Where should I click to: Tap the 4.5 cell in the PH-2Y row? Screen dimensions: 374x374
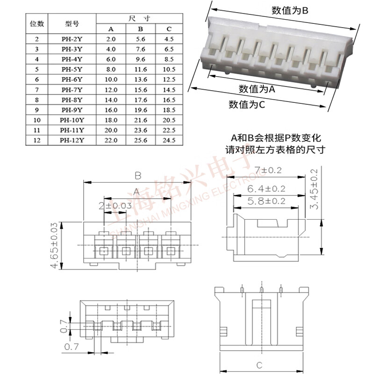point(169,39)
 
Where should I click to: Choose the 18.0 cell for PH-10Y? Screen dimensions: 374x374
point(111,120)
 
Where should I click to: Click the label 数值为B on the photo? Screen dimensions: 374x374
point(290,10)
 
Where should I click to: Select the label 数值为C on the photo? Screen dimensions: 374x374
point(247,104)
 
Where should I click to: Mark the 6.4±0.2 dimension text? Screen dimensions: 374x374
point(266,188)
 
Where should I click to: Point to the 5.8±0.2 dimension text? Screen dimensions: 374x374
point(266,201)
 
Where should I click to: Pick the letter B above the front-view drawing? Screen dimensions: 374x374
point(138,176)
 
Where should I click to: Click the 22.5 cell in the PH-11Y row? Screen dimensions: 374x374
point(169,130)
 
